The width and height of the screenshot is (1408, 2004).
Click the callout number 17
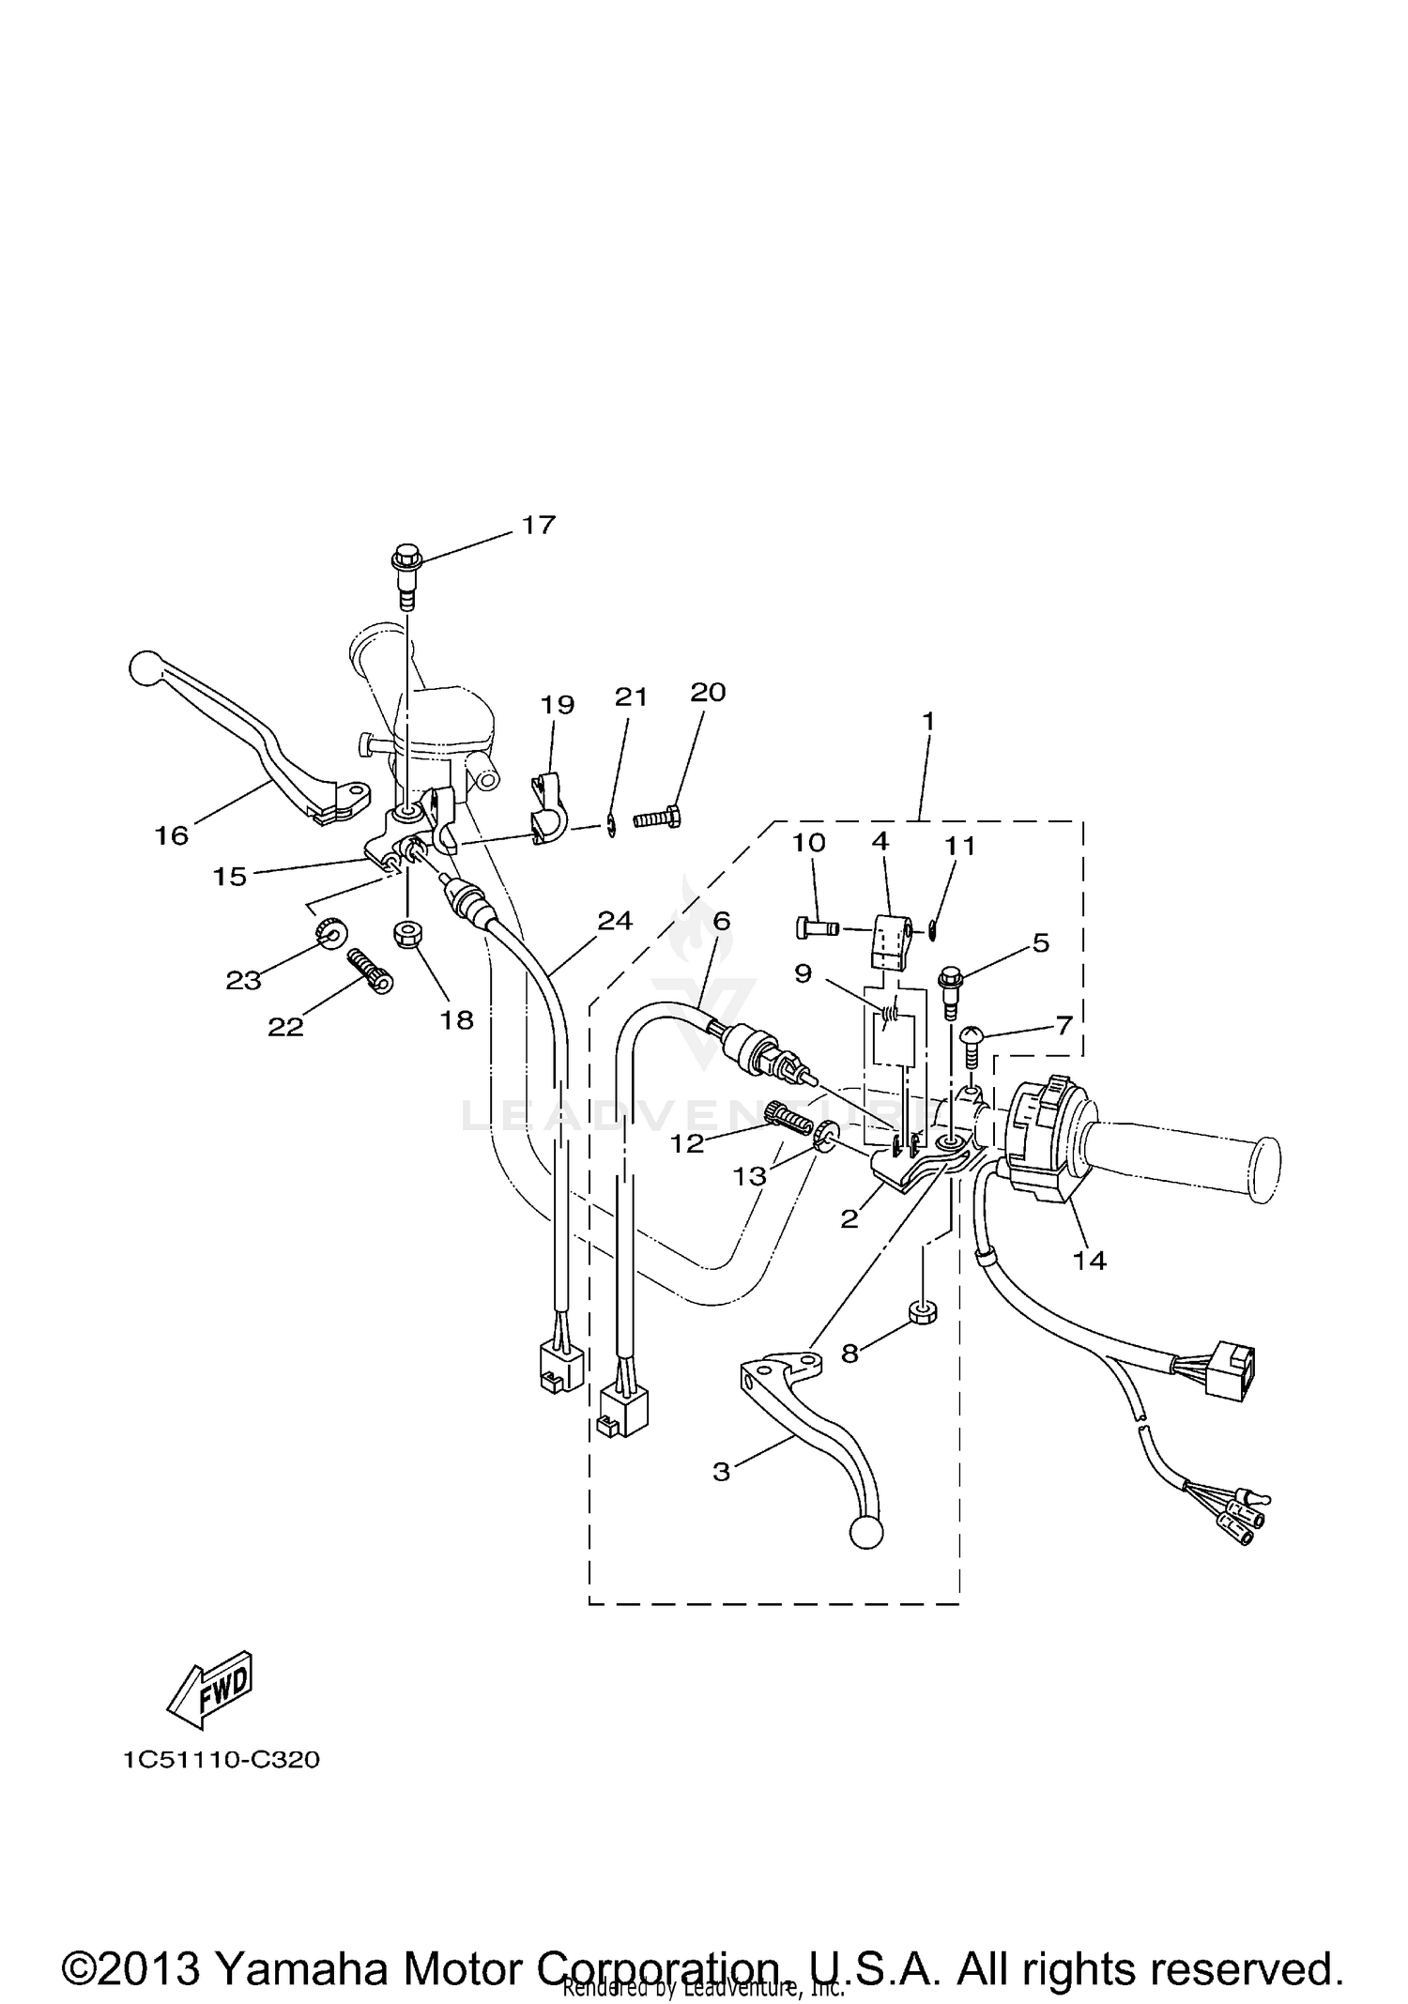pyautogui.click(x=539, y=525)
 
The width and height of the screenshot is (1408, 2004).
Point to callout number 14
pyautogui.click(x=1090, y=1261)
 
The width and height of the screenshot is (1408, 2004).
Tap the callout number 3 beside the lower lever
pyautogui.click(x=721, y=1472)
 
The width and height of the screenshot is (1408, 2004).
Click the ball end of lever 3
pyautogui.click(x=865, y=1533)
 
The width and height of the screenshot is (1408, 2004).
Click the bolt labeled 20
pyautogui.click(x=658, y=817)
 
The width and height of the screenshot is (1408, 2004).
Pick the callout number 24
pyautogui.click(x=615, y=921)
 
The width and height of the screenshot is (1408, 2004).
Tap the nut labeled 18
pyautogui.click(x=407, y=934)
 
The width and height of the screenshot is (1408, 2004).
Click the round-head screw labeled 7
pyautogui.click(x=972, y=1041)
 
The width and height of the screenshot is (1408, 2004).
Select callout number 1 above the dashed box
pyautogui.click(x=927, y=722)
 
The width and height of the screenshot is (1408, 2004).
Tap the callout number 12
pyautogui.click(x=687, y=1143)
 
